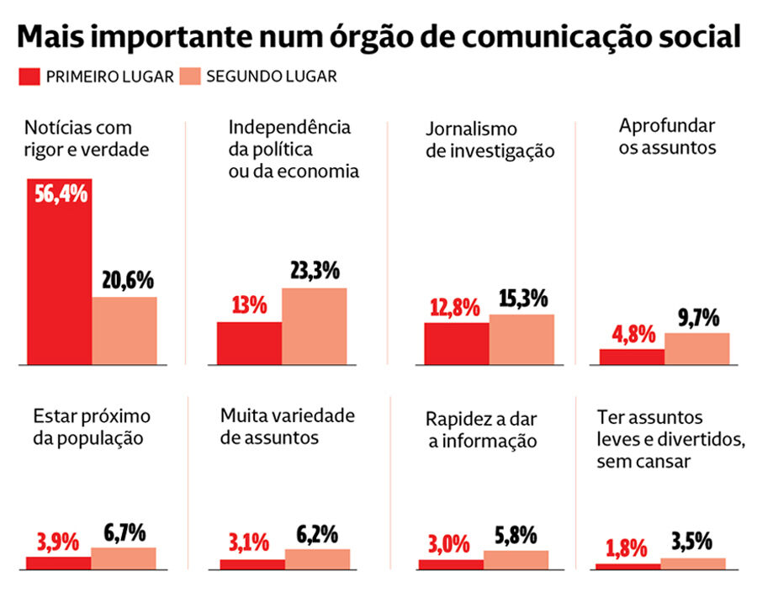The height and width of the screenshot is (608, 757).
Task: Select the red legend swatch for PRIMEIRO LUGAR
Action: tap(29, 77)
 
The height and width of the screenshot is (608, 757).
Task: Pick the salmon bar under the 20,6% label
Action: tap(124, 330)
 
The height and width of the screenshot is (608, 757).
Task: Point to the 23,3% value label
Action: tap(314, 271)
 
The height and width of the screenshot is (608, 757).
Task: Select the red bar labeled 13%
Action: tap(249, 343)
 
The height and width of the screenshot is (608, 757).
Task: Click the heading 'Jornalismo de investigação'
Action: tap(490, 140)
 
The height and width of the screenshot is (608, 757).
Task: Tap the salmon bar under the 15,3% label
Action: tap(521, 340)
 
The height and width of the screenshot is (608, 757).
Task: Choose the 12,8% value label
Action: tap(456, 307)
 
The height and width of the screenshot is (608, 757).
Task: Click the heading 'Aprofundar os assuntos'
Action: tap(667, 137)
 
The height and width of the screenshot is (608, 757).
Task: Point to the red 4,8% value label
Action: tap(632, 334)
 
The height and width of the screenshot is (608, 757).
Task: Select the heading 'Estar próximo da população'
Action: tap(92, 426)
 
